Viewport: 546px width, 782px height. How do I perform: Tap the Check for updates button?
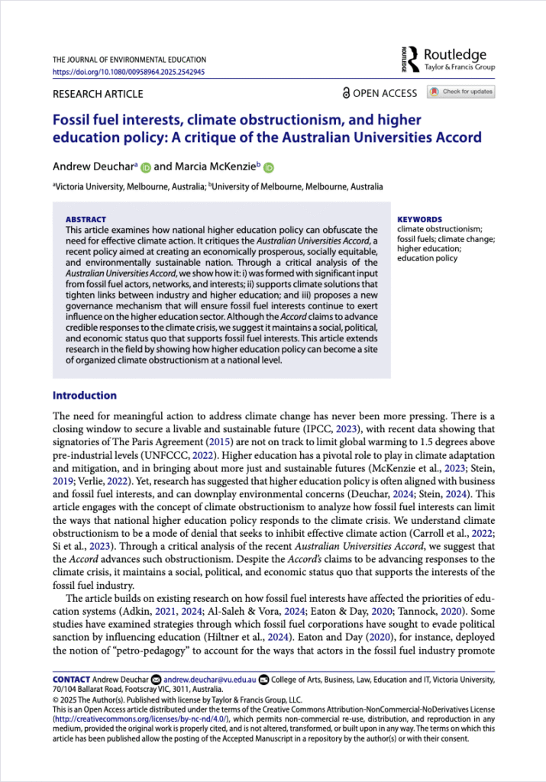point(461,92)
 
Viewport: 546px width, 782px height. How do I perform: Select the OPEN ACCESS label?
point(380,93)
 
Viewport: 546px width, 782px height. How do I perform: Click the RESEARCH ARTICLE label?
point(97,94)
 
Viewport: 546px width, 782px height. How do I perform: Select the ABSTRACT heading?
point(86,219)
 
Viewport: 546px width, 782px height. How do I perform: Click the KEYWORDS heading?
point(419,219)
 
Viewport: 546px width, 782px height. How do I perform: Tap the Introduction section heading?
point(84,396)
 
